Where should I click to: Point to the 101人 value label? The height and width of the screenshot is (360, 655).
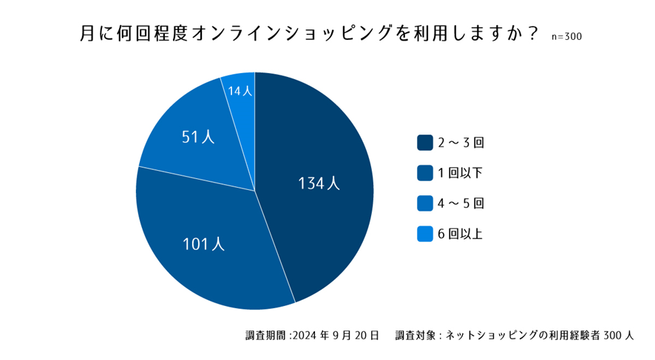click(203, 244)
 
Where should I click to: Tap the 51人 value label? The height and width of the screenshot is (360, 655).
click(197, 137)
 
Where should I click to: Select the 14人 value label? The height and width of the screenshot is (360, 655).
click(240, 91)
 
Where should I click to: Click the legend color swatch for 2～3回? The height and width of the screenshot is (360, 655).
click(424, 142)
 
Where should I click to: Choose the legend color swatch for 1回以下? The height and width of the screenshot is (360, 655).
click(424, 172)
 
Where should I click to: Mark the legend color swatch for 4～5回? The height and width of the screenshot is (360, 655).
click(424, 203)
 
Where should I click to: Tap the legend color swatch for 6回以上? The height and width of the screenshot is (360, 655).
click(424, 234)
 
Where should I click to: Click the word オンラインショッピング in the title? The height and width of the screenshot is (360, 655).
click(302, 34)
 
